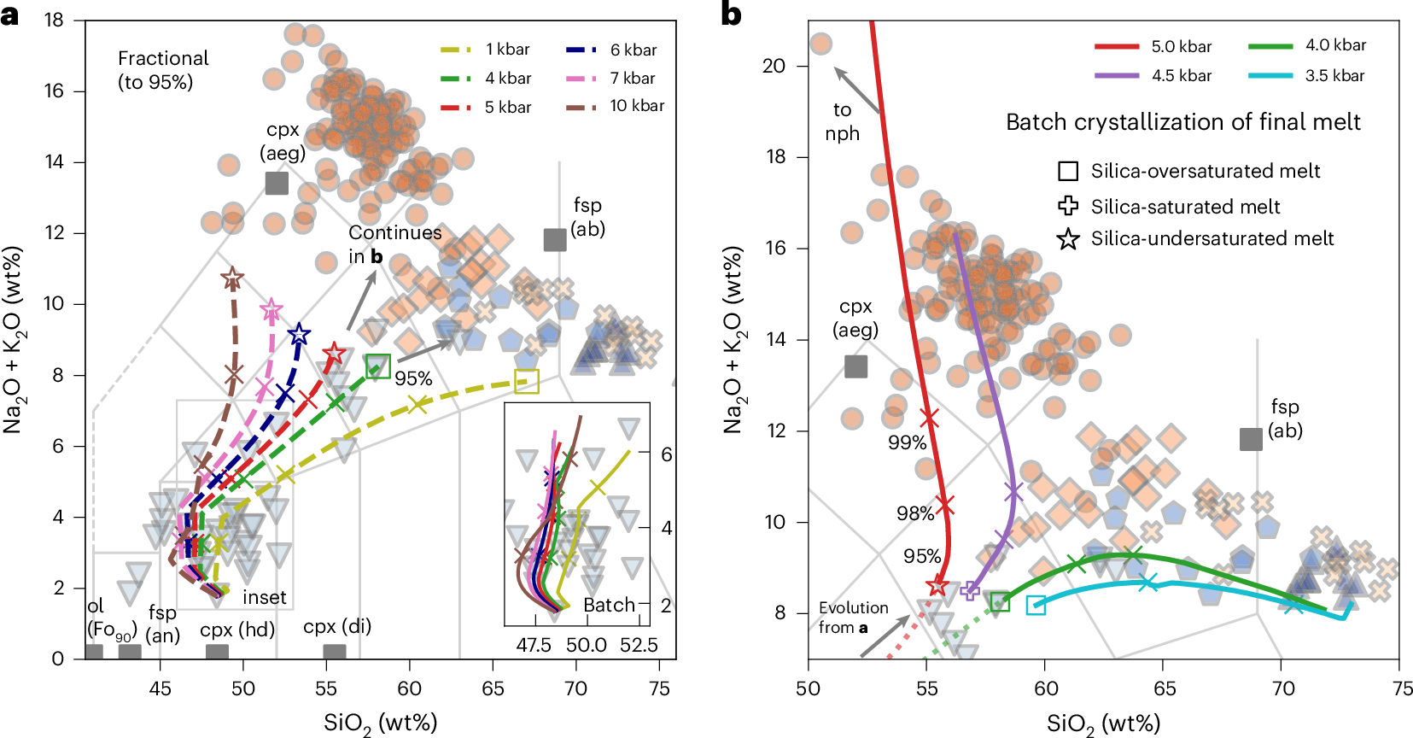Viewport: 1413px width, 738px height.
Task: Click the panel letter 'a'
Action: coord(10,15)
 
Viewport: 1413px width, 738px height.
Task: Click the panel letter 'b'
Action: coord(731,15)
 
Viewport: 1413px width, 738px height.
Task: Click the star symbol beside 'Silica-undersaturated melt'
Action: coord(1068,239)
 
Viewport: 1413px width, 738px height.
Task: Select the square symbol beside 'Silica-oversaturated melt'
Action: coord(1068,171)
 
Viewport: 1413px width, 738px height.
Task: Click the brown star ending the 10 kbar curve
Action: coord(231,278)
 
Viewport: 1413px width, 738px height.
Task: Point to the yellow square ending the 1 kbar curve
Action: coord(527,382)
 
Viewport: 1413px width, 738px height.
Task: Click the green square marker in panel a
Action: coord(377,366)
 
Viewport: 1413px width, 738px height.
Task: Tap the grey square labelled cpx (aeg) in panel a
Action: coord(277,183)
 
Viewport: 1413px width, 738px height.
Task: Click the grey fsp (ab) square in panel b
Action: coord(1251,439)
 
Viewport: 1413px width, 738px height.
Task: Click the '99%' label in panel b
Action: coord(907,442)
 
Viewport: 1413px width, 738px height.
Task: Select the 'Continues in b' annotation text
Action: coord(394,244)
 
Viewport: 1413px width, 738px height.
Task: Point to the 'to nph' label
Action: coord(842,121)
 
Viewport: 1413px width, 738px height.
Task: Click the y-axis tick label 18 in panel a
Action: coord(54,20)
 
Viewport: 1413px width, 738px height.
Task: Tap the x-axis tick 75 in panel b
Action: coord(1401,688)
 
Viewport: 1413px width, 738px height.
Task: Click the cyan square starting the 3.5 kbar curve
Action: coord(1036,606)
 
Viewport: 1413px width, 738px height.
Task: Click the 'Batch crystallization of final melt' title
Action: coord(1182,122)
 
